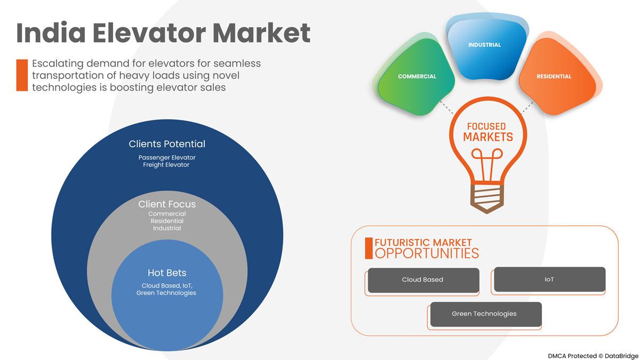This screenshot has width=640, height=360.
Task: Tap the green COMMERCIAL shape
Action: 417,77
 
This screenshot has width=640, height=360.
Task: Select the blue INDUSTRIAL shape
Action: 484,45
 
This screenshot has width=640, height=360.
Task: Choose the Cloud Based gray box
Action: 423,280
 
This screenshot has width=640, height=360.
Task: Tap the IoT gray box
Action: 549,280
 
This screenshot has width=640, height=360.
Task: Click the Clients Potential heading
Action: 167,144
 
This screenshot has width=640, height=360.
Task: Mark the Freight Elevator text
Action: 166,165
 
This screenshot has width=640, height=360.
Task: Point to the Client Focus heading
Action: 167,204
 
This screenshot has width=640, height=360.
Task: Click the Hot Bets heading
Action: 167,273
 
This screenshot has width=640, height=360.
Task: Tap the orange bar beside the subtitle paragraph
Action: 22,75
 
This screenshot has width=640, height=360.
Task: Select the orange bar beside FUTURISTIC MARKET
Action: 369,249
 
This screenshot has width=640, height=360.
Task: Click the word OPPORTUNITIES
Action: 427,253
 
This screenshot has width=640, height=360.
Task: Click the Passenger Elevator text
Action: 166,157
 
